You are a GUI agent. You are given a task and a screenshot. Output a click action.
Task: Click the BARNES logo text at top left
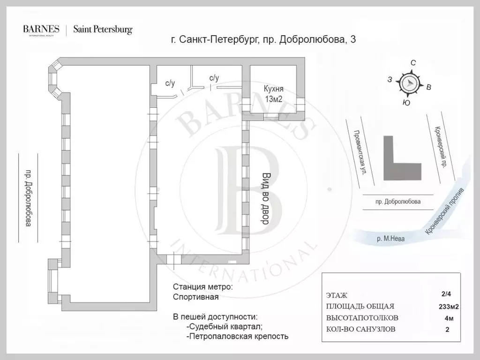[41, 29]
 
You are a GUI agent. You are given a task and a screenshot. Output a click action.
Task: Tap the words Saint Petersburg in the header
[103, 30]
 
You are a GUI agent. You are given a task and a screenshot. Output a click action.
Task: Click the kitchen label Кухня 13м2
[274, 94]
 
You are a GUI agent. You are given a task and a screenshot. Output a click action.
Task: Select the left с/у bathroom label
[170, 83]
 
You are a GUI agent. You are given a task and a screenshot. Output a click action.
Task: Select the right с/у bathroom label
[214, 78]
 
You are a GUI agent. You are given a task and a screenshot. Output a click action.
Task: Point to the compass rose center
[410, 82]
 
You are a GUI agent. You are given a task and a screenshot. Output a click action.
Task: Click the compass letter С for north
[413, 63]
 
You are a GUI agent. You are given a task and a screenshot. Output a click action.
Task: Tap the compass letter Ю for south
[406, 103]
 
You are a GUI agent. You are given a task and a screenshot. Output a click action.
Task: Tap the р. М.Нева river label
[390, 239]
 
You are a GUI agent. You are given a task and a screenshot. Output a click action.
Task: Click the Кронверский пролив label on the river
[444, 211]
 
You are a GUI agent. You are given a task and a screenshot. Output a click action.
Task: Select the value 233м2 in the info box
[449, 307]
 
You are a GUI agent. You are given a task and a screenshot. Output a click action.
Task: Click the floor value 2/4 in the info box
[446, 294]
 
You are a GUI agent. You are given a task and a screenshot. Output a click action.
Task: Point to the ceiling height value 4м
[449, 318]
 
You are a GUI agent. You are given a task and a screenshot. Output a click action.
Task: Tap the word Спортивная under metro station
[195, 297]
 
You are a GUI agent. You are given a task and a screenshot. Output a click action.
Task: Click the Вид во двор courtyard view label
[265, 199]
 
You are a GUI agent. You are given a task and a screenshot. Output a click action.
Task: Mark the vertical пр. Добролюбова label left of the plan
[28, 198]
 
